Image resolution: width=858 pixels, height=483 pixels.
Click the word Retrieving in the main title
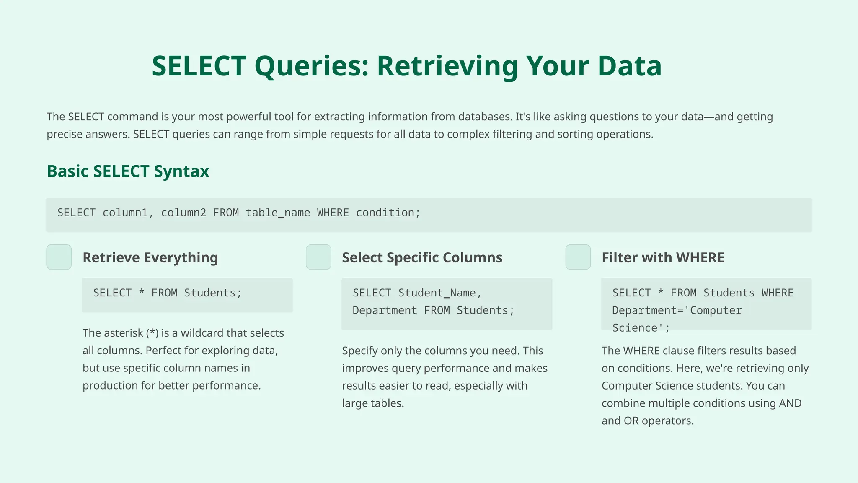click(447, 66)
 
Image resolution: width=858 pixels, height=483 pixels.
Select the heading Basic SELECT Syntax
click(128, 171)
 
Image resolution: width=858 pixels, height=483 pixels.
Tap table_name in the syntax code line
click(278, 213)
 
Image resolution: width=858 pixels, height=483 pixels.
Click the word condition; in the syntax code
click(388, 213)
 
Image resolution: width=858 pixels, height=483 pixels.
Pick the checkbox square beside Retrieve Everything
click(59, 257)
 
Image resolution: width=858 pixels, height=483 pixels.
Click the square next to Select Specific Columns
click(318, 257)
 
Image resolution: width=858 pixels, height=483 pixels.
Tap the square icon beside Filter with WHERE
click(578, 257)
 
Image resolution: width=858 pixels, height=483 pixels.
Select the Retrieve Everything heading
click(150, 257)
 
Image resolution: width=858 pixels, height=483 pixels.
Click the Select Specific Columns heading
click(422, 257)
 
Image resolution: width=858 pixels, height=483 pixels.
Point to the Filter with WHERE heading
click(663, 257)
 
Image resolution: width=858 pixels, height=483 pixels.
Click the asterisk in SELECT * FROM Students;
click(142, 293)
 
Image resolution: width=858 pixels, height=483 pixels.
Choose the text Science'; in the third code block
click(641, 328)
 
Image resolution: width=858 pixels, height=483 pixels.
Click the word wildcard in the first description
click(202, 333)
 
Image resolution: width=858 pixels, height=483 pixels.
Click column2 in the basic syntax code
click(183, 213)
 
